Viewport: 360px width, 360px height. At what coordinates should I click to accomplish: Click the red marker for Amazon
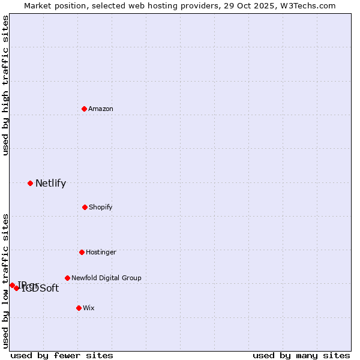(85, 109)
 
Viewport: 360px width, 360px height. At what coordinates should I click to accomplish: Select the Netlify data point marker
(30, 183)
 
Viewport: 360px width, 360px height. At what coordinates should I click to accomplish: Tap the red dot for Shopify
(85, 207)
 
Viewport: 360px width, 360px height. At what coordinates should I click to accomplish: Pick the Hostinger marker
(82, 252)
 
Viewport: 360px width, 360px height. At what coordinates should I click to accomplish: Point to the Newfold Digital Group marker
(67, 278)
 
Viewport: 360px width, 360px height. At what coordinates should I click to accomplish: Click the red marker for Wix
(79, 308)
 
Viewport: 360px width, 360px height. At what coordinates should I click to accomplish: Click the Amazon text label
(101, 109)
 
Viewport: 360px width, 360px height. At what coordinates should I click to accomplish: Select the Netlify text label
(50, 184)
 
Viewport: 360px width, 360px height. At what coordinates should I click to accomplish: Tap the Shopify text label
(100, 207)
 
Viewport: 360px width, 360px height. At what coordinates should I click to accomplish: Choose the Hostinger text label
(101, 252)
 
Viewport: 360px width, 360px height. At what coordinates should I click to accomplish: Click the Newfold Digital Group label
(106, 278)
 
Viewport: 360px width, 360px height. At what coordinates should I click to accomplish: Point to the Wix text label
(89, 308)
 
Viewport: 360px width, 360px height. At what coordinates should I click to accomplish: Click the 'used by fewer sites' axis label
(62, 355)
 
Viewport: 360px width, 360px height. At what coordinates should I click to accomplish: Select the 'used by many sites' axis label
(301, 355)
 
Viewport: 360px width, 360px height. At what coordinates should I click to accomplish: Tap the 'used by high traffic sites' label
(6, 85)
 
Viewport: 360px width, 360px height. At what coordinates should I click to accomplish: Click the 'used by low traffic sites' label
(6, 281)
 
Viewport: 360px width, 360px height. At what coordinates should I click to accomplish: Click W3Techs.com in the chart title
(308, 5)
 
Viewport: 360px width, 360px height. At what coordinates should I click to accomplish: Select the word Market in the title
(38, 5)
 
